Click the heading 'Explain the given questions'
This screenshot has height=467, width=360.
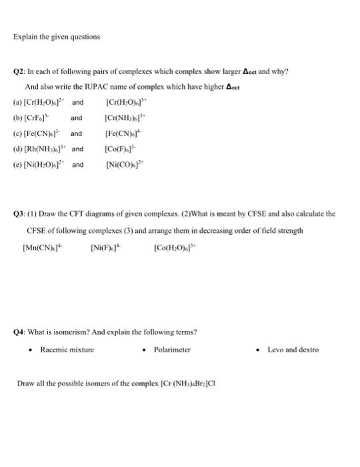coord(57,37)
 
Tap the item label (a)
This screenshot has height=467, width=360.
coord(30,103)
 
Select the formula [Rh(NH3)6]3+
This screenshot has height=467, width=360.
coord(54,148)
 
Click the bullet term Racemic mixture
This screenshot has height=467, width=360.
coord(67,350)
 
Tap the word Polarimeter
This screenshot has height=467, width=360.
coord(172,350)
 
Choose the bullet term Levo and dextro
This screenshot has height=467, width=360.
coord(293,350)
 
